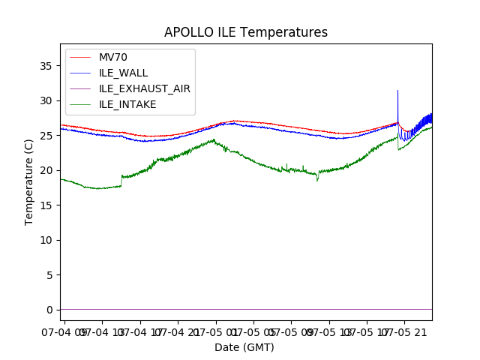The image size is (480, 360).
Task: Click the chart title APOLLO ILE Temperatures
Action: coord(245,33)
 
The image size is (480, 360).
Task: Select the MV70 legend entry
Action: coord(113,58)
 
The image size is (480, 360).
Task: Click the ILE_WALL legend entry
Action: coord(123,73)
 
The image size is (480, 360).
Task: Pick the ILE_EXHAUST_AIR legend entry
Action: coord(144,88)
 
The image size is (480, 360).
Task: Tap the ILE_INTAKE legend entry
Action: coord(127,104)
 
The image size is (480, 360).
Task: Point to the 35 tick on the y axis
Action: coord(46,66)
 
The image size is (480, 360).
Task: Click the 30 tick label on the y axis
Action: coord(46,100)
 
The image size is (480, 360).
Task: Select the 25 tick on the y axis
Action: coord(46,136)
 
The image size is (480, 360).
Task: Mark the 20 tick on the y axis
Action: coord(46,170)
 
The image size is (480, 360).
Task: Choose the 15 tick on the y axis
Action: coord(46,205)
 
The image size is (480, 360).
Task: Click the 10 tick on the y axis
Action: coord(46,240)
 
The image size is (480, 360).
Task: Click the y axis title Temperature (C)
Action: coord(29,181)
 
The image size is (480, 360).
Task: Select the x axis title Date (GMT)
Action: coord(244,347)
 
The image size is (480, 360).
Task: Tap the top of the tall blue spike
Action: coord(397,91)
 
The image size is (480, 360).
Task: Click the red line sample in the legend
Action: coord(81,58)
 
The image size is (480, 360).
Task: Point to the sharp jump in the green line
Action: coord(121,181)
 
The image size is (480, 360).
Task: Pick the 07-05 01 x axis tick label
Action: coord(214,331)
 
